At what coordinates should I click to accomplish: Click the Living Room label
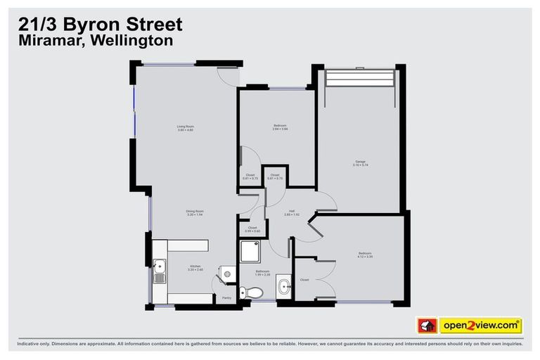pyautogui.click(x=185, y=128)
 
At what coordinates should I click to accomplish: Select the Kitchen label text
pyautogui.click(x=195, y=267)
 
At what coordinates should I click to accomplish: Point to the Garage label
pyautogui.click(x=361, y=163)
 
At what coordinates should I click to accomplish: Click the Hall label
pyautogui.click(x=291, y=212)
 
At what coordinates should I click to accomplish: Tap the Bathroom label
pyautogui.click(x=263, y=271)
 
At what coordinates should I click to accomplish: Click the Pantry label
pyautogui.click(x=226, y=298)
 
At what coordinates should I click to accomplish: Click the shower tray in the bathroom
pyautogui.click(x=250, y=251)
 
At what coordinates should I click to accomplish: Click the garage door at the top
pyautogui.click(x=359, y=77)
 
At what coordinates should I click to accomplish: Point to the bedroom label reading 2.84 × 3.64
pyautogui.click(x=281, y=127)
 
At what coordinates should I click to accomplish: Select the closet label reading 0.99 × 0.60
pyautogui.click(x=252, y=230)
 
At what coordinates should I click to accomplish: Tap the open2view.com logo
pyautogui.click(x=481, y=326)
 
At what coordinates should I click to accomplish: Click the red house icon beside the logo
pyautogui.click(x=427, y=326)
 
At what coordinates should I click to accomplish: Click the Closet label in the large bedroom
pyautogui.click(x=304, y=280)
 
